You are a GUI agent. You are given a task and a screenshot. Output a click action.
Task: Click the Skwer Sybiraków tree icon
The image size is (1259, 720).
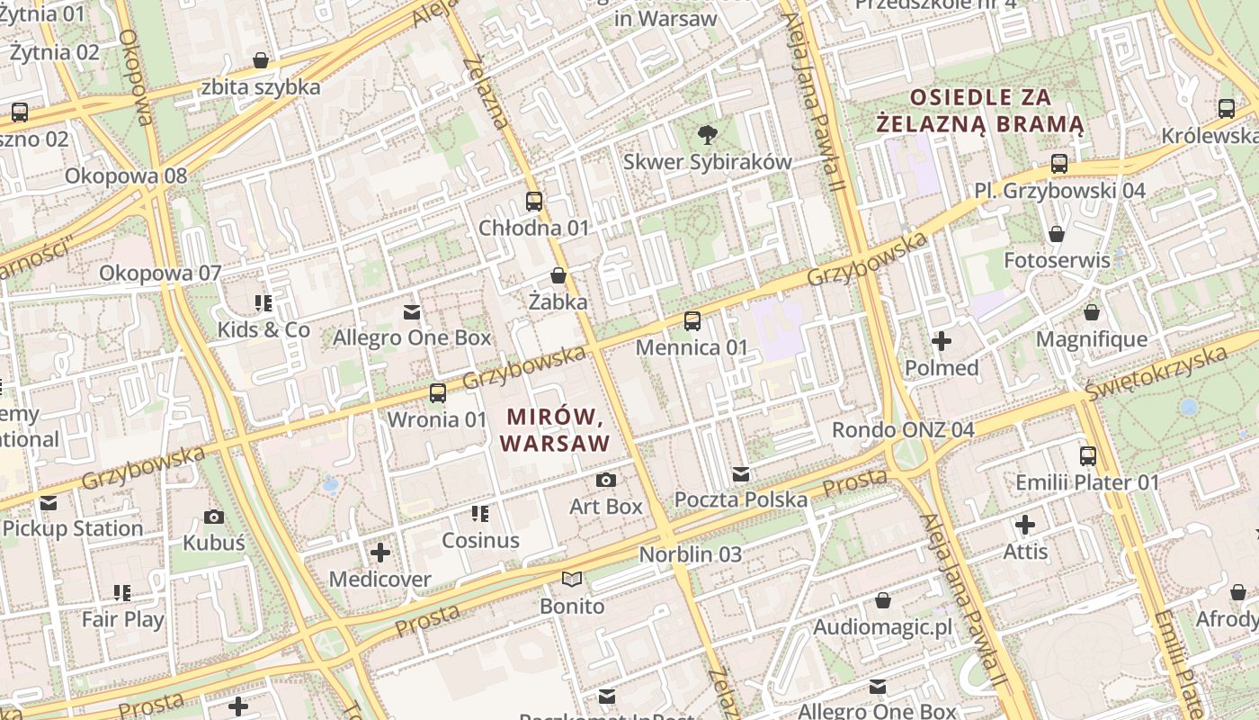708,135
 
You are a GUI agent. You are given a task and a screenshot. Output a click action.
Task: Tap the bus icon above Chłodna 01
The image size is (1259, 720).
534,202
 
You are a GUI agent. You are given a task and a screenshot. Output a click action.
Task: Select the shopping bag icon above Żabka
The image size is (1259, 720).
558,275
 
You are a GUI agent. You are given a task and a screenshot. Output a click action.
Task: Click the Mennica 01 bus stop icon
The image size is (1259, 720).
692,321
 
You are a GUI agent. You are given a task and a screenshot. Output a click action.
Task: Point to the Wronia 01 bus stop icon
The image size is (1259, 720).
438,393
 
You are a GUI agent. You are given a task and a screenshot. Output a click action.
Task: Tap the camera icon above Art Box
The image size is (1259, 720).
606,480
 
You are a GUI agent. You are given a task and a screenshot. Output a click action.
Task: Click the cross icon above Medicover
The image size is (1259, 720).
380,552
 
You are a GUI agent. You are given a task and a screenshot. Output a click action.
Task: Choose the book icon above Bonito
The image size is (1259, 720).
572,579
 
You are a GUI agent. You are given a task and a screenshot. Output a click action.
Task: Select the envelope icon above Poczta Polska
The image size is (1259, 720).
741,473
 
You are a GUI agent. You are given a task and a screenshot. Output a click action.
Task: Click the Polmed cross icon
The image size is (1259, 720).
942,341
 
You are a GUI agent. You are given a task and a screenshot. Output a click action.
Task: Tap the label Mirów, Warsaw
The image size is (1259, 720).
555,430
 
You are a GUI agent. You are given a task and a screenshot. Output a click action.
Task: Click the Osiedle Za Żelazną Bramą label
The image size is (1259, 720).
980,110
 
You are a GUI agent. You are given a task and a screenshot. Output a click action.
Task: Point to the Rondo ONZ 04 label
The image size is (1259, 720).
903,429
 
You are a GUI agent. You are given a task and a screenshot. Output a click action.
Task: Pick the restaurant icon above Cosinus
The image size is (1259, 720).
480,514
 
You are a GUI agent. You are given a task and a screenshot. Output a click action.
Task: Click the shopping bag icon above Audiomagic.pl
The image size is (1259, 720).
883,600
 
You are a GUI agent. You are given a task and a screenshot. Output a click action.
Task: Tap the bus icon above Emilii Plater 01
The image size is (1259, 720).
1088,456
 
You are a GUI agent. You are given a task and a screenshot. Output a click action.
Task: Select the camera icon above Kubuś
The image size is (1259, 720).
214,517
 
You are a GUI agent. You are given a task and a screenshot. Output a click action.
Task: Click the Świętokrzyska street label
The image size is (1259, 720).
1156,373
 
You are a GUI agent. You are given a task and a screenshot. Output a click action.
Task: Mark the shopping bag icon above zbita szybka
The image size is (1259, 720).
261,60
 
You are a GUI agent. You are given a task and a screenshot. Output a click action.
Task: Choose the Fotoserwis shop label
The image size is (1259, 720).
1057,260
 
